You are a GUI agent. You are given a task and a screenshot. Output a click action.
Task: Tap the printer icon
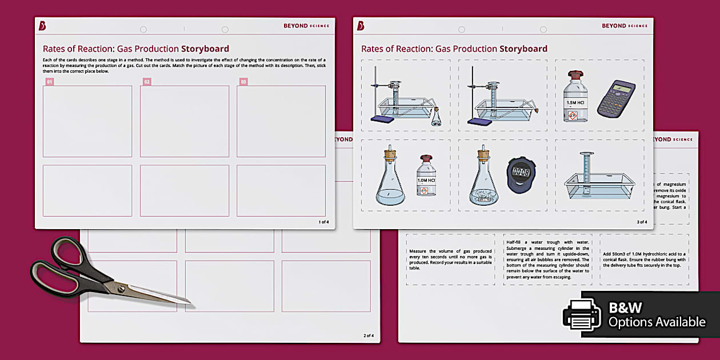[582, 314]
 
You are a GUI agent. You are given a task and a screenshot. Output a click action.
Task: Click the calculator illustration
[616, 98]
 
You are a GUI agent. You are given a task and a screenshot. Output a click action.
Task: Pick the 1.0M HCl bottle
[426, 176]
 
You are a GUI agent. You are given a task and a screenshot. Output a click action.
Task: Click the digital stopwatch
[520, 174]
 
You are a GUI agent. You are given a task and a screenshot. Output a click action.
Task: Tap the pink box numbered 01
[50, 82]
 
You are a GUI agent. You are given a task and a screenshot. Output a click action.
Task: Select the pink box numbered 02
[147, 82]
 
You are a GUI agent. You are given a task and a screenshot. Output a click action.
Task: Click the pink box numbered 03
[243, 82]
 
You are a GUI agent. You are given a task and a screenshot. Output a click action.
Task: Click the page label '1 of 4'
[323, 222]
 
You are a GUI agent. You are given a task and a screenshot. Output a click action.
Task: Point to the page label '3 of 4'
[641, 222]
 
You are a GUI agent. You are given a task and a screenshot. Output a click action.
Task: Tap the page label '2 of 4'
[368, 335]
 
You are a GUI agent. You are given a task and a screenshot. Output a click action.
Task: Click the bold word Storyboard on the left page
[205, 49]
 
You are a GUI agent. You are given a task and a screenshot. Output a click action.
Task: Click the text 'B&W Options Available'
[657, 315]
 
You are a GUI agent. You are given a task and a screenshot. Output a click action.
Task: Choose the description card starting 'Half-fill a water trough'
[547, 259]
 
